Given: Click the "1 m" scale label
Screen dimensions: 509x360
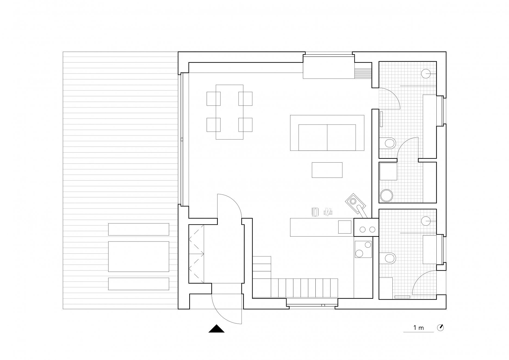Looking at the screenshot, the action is coord(419,328).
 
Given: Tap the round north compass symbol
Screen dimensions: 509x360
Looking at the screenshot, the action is coord(440,328).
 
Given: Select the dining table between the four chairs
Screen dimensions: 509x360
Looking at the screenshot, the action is coord(229,112).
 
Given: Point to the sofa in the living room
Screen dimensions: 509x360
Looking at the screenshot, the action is coord(327,133).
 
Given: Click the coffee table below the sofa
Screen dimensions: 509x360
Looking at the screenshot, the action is coord(327,170).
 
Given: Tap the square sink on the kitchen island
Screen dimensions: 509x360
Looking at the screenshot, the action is coord(345,227).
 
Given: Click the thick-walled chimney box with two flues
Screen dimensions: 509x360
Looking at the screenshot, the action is coord(366,227).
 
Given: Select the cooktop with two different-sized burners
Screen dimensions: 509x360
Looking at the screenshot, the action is coord(363,249).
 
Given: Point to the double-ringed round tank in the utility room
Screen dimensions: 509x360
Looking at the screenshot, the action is coord(386,195).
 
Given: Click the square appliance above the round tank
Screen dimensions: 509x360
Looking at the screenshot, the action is coord(389,171).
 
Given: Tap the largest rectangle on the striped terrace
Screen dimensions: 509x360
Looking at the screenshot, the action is coord(139,256).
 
